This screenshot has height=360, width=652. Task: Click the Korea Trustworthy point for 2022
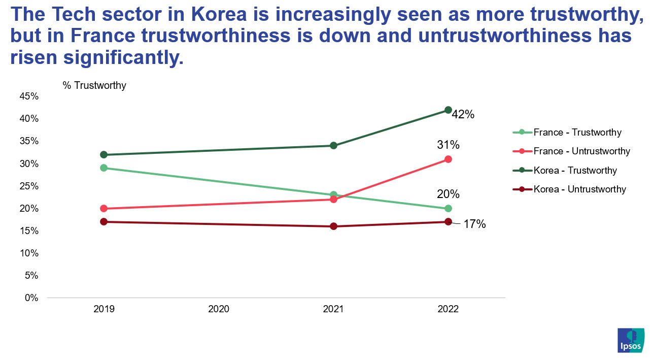448,110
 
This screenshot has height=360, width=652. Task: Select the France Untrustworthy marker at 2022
448,159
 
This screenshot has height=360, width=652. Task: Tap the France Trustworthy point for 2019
104,168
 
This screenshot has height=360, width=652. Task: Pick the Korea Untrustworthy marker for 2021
333,226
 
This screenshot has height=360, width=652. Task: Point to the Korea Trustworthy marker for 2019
104,155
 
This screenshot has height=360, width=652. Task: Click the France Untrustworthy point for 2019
104,209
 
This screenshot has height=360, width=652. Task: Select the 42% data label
463,115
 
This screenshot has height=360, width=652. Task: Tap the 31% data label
448,145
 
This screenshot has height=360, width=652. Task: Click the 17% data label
474,224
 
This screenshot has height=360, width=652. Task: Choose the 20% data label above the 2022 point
448,194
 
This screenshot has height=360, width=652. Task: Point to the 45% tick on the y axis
29,96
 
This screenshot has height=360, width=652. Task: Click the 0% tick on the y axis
31,298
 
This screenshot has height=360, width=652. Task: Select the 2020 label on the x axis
219,309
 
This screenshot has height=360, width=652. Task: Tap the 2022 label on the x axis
448,309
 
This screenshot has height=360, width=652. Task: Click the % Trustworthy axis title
94,85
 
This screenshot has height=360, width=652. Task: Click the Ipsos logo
631,340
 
